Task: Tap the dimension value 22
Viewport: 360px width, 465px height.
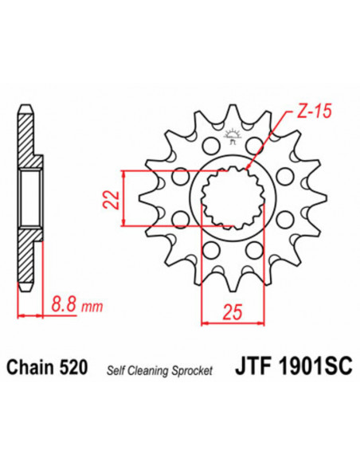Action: point(115,197)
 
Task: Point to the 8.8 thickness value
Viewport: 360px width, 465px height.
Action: point(57,303)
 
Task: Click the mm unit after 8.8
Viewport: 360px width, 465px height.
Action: point(82,304)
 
